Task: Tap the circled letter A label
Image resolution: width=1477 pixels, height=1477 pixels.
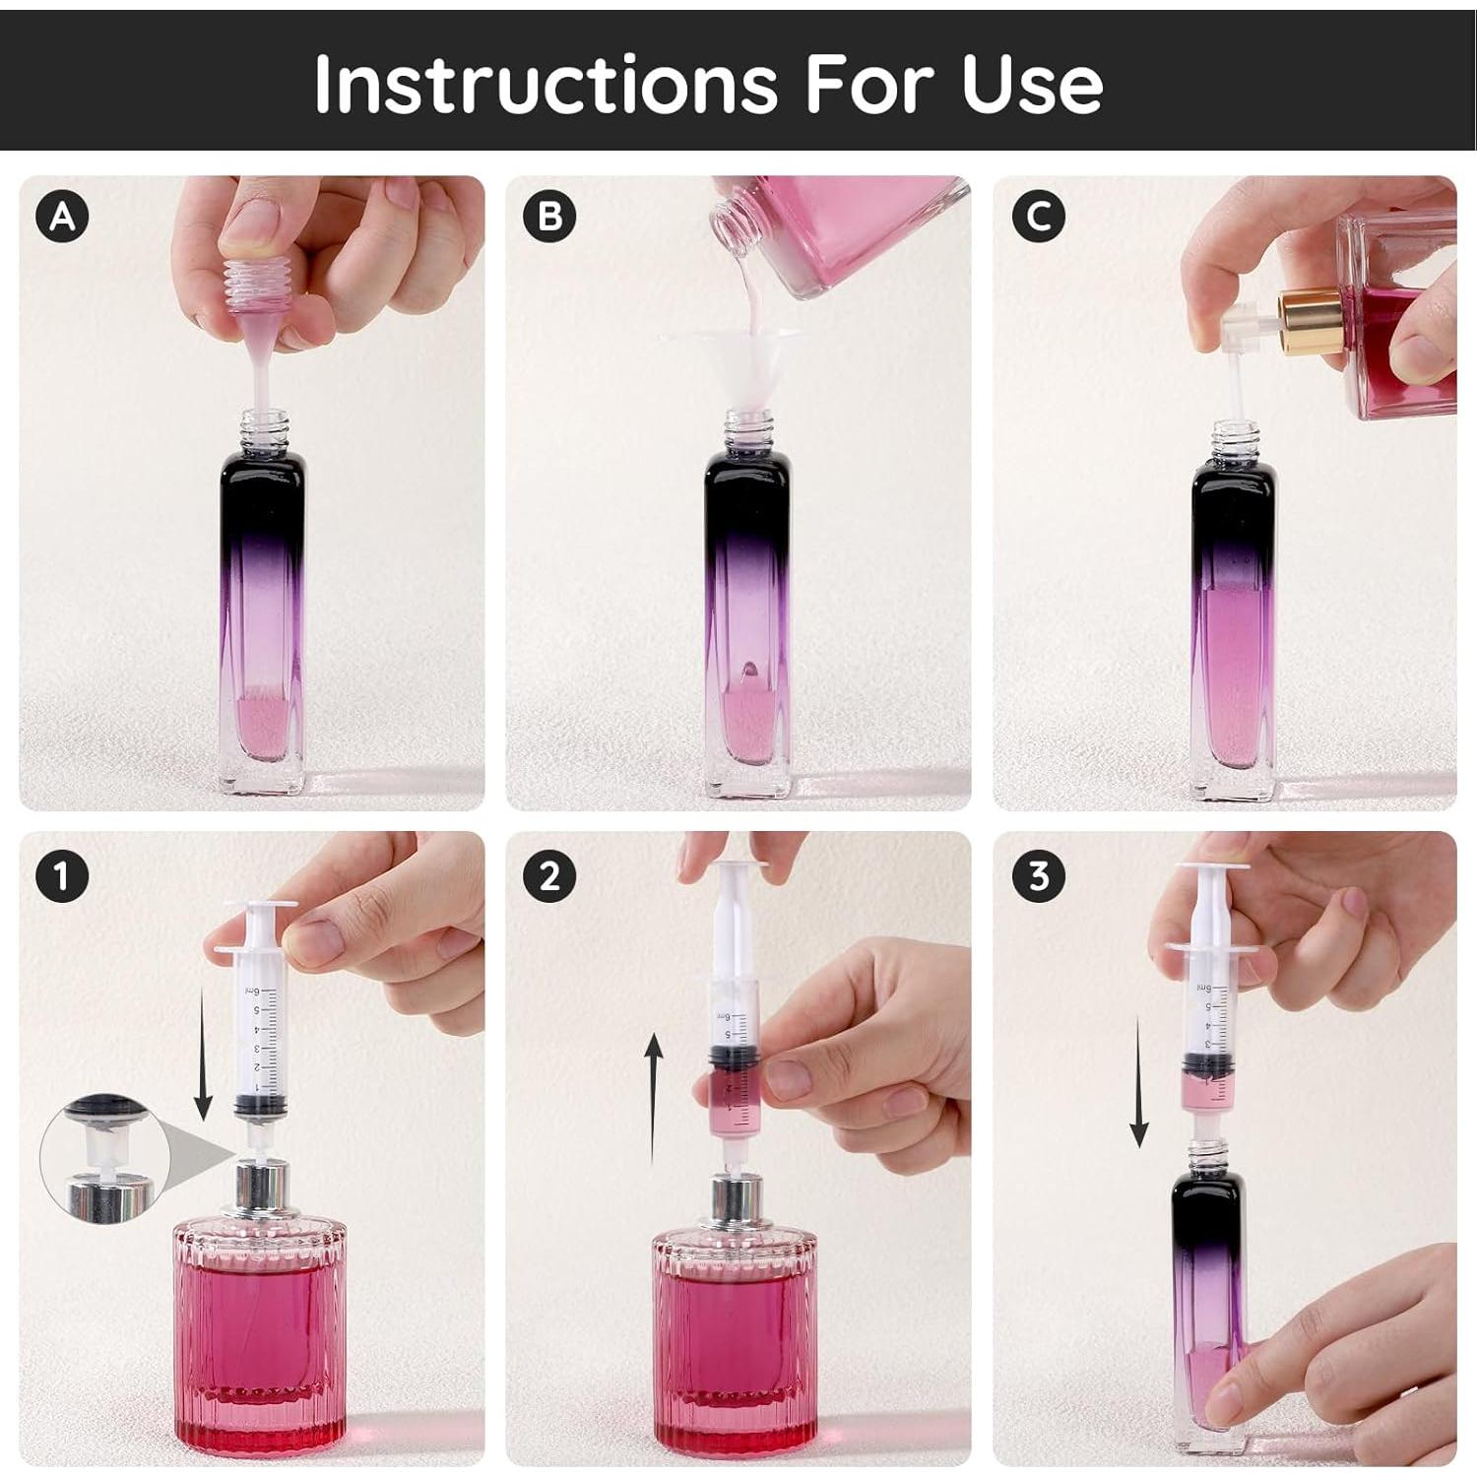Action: coord(62,216)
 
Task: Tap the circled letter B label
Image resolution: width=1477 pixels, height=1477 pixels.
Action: coord(549,216)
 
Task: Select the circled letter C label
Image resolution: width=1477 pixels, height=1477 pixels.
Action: coord(1038,216)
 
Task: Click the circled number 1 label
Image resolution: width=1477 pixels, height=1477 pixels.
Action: coord(62,875)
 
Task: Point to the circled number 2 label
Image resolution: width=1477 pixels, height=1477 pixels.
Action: coord(549,875)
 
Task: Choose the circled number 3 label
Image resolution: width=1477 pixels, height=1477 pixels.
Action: coord(1038,875)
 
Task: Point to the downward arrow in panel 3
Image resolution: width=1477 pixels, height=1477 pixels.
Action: coord(1139,1082)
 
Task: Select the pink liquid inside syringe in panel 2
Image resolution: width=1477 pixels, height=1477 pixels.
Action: coord(730,1098)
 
